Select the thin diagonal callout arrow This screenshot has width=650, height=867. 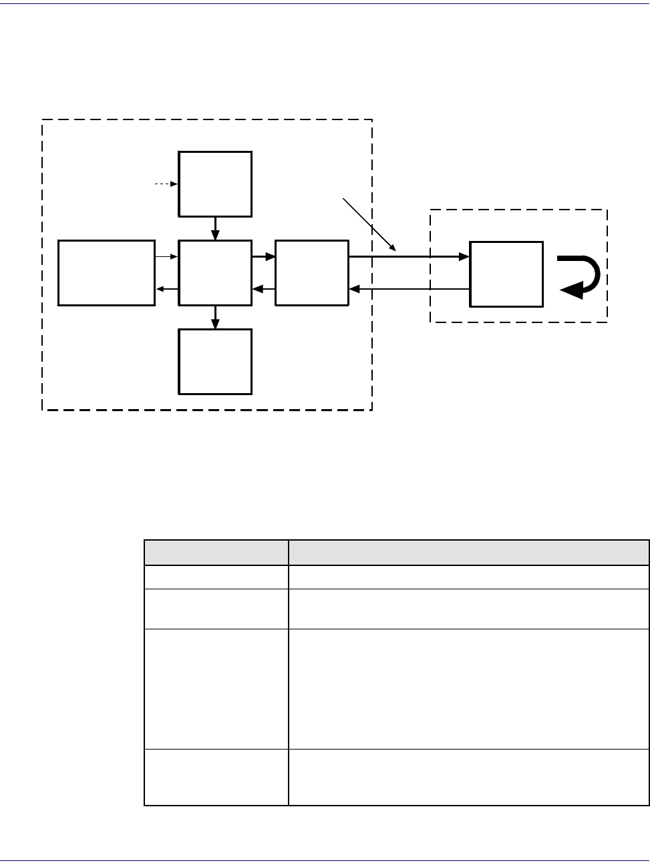[369, 224]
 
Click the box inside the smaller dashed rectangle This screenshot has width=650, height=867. [506, 274]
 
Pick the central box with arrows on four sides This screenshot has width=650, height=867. [215, 273]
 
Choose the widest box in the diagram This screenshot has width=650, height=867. [107, 273]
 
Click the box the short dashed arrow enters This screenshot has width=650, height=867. [215, 184]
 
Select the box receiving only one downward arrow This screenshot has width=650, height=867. [215, 361]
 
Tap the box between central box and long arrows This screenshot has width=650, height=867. [311, 273]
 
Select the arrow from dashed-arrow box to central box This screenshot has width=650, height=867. [215, 228]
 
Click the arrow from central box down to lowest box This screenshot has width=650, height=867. [215, 317]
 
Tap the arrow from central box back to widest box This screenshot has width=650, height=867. [167, 289]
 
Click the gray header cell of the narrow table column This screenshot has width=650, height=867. [216, 553]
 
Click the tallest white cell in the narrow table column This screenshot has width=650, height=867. [216, 689]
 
